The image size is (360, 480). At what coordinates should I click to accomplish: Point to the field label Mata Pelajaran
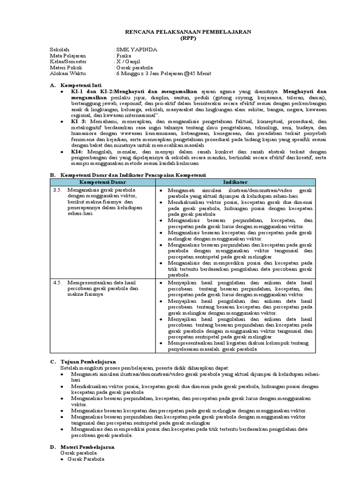pos(69,55)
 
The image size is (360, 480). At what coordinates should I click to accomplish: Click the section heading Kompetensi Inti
pos(81,86)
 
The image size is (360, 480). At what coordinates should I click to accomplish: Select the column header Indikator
pos(235,181)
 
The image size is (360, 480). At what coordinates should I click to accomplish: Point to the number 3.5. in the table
pos(57,190)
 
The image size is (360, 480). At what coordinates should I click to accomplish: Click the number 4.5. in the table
pos(57,283)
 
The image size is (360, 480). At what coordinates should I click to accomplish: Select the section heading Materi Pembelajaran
pos(88,448)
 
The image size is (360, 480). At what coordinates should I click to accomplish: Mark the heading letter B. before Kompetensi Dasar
pos(52,175)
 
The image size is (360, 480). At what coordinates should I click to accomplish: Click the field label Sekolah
pos(60,49)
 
